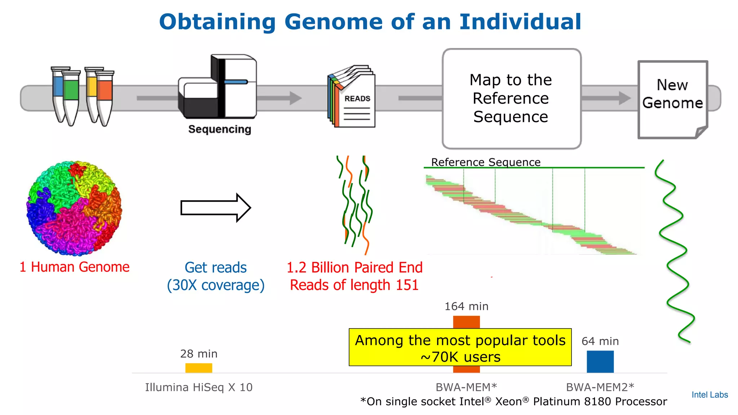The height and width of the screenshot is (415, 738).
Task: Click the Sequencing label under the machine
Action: point(219,129)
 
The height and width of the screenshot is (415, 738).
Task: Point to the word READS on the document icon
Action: point(357,98)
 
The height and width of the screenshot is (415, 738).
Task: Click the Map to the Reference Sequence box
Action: point(511,98)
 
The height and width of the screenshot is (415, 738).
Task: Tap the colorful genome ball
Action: point(74,208)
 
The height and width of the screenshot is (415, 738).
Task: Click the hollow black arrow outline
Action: point(215,208)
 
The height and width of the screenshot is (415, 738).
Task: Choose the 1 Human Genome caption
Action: point(74,267)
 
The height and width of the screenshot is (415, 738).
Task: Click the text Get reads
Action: point(215,267)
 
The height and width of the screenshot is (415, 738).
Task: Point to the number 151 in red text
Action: point(407,285)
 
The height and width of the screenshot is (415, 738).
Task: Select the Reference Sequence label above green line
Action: point(485,162)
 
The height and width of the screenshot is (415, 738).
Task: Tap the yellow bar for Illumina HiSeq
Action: point(199,368)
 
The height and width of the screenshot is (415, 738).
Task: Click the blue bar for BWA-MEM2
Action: point(600,361)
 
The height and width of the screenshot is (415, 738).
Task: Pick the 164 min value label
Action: point(466,306)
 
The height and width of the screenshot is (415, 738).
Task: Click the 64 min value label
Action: point(600,341)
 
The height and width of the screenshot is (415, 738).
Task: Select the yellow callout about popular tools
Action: point(460,347)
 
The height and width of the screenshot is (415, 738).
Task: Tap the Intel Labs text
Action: point(710,395)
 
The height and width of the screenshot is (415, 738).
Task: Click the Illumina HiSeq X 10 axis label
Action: point(199,387)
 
